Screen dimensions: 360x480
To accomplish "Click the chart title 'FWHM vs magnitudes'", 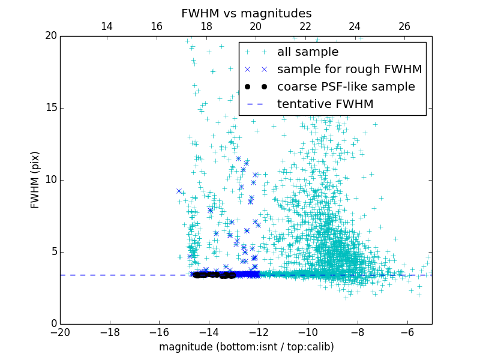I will (x=246, y=13).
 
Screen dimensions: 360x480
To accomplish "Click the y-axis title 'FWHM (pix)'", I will (x=35, y=179).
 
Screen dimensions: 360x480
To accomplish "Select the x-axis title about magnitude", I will (x=246, y=347).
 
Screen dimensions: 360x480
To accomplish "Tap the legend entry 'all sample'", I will (x=308, y=52).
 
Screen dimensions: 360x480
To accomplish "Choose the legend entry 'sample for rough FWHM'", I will (x=349, y=70).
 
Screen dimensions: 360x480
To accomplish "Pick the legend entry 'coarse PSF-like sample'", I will (x=346, y=87).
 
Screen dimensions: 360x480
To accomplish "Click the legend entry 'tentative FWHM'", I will (x=325, y=104).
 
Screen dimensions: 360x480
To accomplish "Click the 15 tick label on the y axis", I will (x=50, y=108).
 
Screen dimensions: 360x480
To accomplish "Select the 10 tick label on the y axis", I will (x=50, y=180).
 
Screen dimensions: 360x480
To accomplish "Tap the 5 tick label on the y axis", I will (x=53, y=252).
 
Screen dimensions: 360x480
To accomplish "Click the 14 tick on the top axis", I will (x=107, y=26).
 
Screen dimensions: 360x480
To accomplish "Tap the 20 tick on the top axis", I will (x=256, y=26).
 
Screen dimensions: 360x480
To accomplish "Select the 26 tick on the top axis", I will (x=404, y=26).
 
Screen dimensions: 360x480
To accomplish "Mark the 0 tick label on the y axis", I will (x=53, y=324).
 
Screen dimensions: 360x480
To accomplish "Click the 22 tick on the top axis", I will (x=305, y=26).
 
